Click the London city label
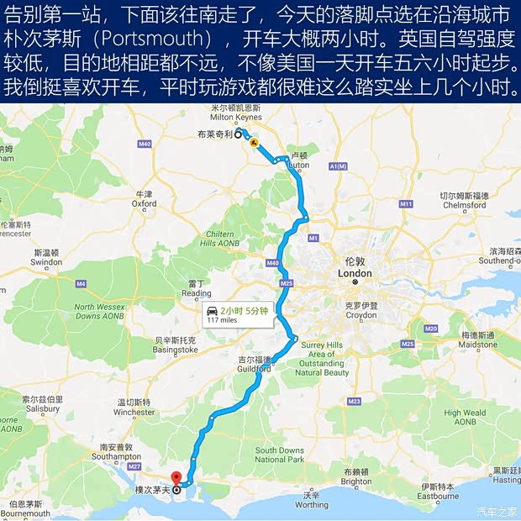[x=355, y=274]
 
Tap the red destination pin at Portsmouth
[x=176, y=480]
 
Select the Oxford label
[x=144, y=203]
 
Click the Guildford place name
[x=254, y=368]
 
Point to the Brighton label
[x=356, y=482]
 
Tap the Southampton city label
[x=116, y=456]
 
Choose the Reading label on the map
[x=197, y=293]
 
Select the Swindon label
[x=47, y=262]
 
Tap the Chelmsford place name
[x=465, y=205]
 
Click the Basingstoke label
[x=176, y=350]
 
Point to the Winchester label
[x=134, y=413]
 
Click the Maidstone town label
[x=479, y=345]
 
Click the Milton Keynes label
[x=237, y=117]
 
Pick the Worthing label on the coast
[x=312, y=505]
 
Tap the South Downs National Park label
[x=280, y=455]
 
